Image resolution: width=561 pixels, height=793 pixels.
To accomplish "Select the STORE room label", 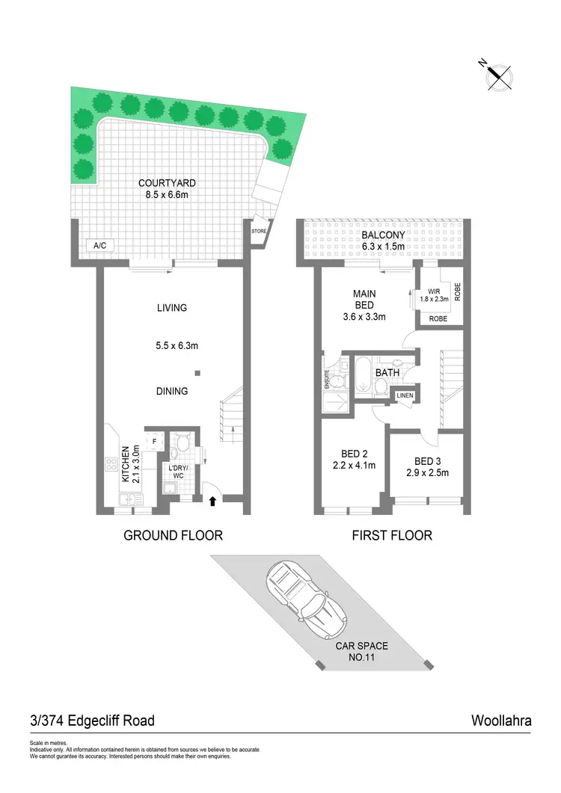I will coord(259,232).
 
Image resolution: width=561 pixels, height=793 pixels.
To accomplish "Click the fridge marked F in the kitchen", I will coord(154,442).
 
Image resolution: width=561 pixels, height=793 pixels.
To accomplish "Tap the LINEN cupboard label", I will coord(405,395).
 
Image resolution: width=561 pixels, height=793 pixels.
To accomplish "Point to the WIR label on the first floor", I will coord(434,291).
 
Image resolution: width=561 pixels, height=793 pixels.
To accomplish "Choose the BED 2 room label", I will coord(353,454).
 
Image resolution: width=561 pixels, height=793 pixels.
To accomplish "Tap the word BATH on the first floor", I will coord(388,372).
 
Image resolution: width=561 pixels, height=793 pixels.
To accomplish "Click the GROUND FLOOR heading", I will coord(173,535).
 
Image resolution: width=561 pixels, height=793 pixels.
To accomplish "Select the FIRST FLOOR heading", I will coord(393,535).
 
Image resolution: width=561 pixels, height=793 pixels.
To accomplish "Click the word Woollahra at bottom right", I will coord(500,721).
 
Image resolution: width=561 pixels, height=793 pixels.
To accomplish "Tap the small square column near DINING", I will coord(197,372).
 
